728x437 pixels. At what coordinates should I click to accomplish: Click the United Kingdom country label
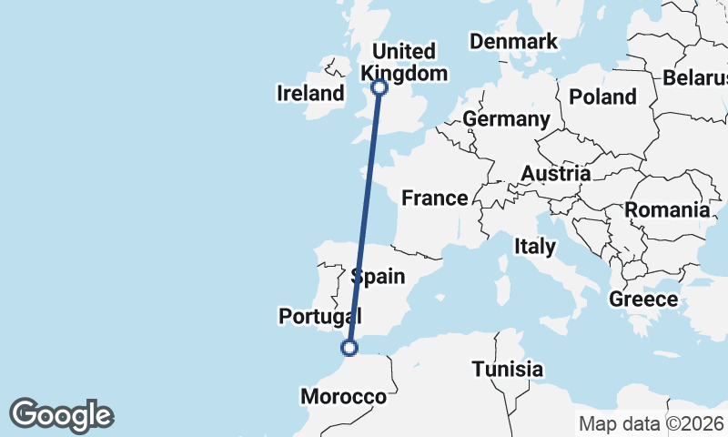point(404,62)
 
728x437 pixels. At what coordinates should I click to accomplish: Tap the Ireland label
point(311,93)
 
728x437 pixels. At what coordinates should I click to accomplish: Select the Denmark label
point(513,42)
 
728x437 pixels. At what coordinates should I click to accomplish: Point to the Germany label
point(506,119)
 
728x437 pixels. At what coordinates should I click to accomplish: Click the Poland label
point(602,97)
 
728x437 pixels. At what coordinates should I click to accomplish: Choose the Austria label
point(555,173)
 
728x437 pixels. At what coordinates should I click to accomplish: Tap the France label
point(435,198)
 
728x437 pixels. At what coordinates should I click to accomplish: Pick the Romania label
point(666,210)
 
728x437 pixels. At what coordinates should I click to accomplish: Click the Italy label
point(534,246)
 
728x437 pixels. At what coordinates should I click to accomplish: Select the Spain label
point(378,276)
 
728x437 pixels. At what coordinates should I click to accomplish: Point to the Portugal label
point(319,316)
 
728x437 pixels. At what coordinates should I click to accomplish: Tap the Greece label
point(642,299)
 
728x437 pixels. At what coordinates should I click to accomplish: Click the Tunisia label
point(508,370)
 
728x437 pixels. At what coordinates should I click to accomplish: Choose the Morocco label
point(343,397)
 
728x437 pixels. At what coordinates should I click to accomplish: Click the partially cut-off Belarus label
point(695,77)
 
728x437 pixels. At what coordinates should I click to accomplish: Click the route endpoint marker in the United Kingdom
point(379,87)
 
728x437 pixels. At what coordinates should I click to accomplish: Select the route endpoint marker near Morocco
point(349,347)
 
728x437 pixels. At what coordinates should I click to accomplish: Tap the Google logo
point(61,415)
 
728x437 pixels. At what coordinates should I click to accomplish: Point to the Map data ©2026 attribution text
point(651,423)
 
